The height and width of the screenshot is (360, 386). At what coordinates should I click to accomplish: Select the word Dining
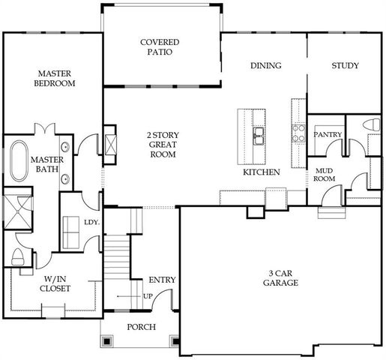(266, 66)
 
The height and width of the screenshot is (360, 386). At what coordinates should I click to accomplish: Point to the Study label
(346, 66)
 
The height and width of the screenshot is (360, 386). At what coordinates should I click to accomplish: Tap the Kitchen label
(262, 172)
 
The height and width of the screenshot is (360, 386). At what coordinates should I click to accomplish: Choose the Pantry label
(328, 135)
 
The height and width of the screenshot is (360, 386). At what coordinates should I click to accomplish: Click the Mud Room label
(324, 174)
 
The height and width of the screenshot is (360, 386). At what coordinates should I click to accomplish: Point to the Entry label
(163, 280)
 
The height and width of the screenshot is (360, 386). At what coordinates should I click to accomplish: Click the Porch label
(140, 326)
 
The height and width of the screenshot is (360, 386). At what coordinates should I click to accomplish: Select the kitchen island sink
(259, 136)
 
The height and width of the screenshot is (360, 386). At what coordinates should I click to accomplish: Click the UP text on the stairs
(148, 296)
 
